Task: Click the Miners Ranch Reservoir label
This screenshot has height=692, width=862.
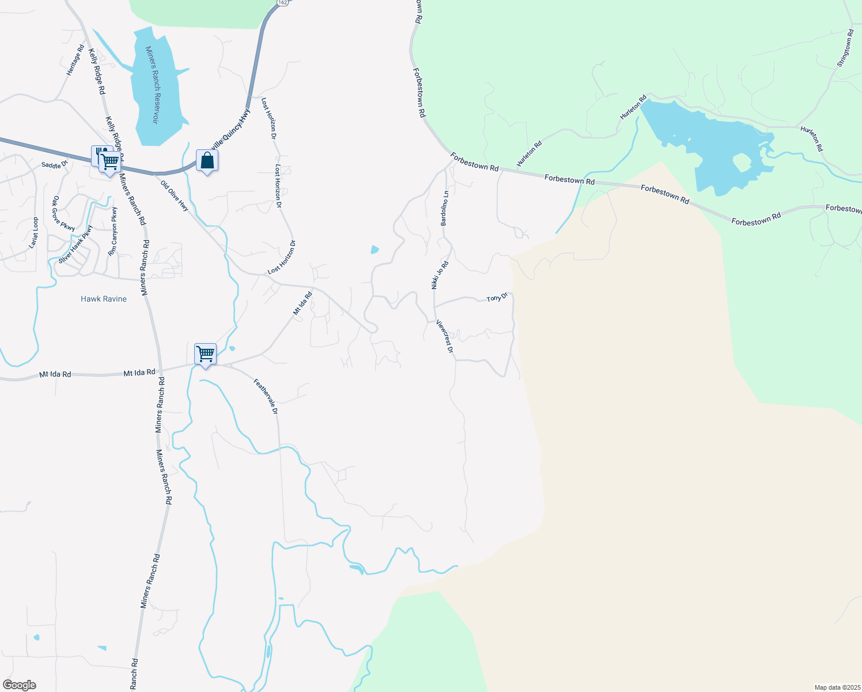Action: click(153, 85)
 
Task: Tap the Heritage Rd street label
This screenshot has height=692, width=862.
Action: click(75, 60)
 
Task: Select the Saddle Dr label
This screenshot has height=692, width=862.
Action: click(55, 165)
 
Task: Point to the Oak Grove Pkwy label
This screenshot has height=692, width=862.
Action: click(63, 214)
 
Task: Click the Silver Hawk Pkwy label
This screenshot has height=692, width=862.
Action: click(75, 243)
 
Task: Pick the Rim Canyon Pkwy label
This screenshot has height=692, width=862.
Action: click(113, 231)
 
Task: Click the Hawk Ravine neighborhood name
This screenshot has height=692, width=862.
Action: click(104, 299)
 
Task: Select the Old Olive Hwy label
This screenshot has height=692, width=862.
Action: click(175, 196)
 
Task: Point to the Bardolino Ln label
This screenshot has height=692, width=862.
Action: click(444, 208)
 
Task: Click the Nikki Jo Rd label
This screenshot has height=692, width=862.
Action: click(440, 274)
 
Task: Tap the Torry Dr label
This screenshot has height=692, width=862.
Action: click(497, 298)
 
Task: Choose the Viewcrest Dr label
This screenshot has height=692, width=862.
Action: click(445, 337)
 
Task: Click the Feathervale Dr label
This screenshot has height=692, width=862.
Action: click(266, 396)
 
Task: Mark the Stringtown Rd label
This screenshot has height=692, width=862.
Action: click(845, 48)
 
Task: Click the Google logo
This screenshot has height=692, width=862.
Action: click(20, 685)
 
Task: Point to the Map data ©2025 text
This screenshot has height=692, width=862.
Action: click(836, 687)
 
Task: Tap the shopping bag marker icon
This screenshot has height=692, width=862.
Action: click(207, 161)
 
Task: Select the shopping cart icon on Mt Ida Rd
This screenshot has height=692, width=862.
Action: click(206, 353)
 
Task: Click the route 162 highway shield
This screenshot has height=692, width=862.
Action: click(282, 3)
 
